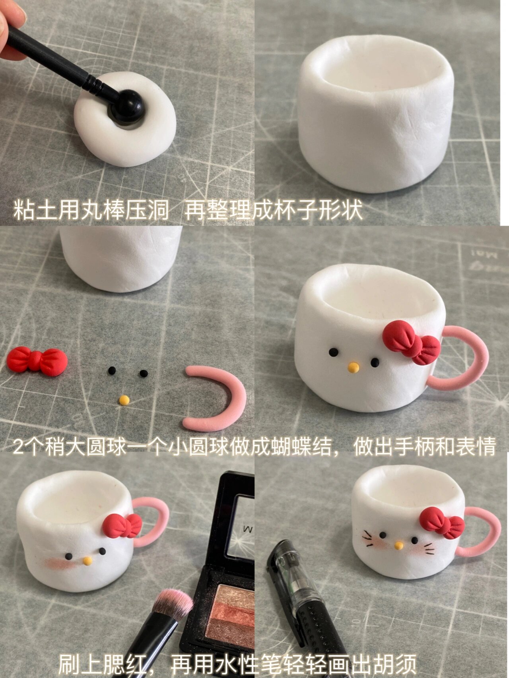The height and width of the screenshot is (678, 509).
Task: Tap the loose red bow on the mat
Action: click(37, 360)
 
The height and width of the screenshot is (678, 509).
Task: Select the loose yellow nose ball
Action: click(124, 400)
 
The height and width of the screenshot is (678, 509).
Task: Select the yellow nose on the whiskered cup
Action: click(398, 546)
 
